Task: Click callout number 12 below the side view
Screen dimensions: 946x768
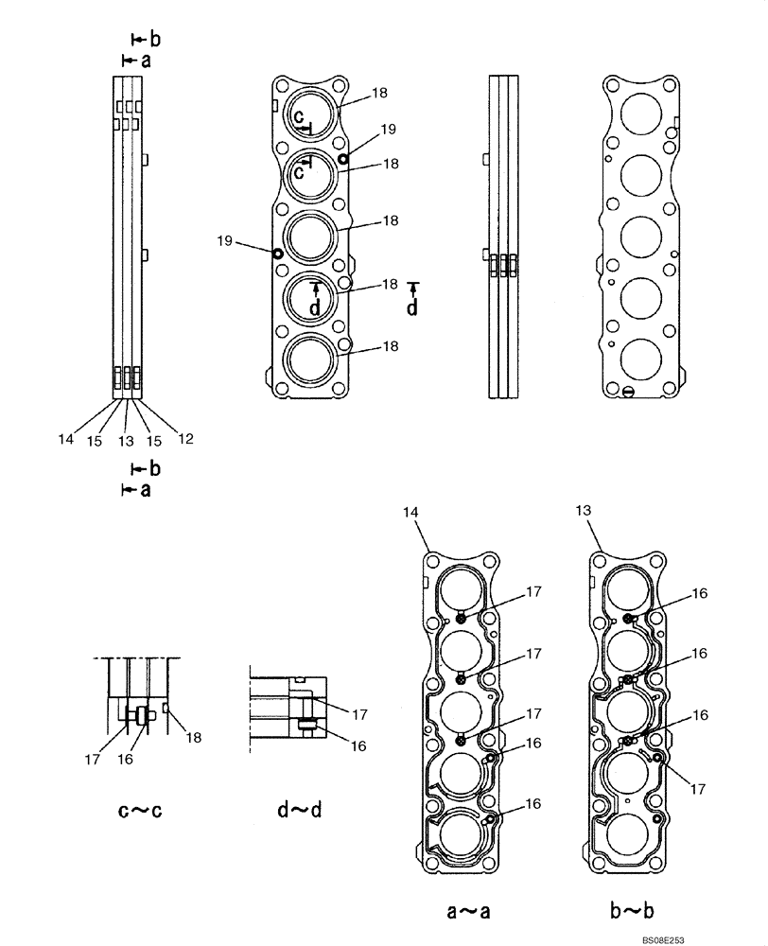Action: (186, 438)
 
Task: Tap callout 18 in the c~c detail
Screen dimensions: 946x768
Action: (193, 737)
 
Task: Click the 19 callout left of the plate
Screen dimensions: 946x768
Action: (225, 242)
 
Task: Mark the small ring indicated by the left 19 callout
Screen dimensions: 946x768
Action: (277, 254)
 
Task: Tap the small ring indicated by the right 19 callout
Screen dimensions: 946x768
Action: (342, 159)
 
